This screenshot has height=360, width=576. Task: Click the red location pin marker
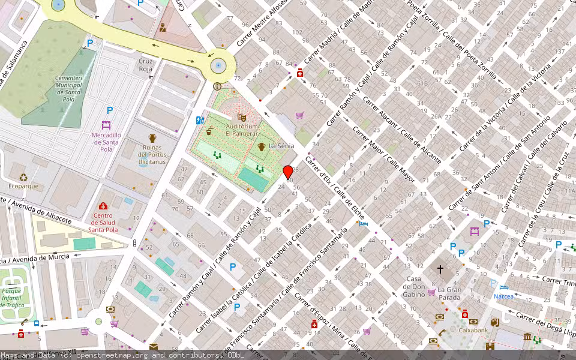pos(288,172)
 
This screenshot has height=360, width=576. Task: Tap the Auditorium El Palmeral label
pos(242,130)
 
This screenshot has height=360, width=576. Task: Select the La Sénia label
pos(280,146)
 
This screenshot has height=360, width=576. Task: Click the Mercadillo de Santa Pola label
pos(106,142)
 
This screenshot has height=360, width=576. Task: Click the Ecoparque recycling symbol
pos(23,177)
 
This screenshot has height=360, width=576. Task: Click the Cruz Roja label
pos(146,65)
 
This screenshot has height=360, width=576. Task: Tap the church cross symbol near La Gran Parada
pos(440,270)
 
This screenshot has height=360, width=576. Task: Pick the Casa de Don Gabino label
pos(414,286)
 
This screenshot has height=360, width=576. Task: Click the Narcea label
pos(503,296)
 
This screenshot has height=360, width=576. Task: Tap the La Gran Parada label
pos(449,293)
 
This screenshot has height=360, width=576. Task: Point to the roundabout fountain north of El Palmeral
pos(218,65)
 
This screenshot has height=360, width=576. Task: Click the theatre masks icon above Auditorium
pos(242,118)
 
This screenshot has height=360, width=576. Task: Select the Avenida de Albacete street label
pos(36,211)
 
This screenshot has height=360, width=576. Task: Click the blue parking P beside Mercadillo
pos(109,110)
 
